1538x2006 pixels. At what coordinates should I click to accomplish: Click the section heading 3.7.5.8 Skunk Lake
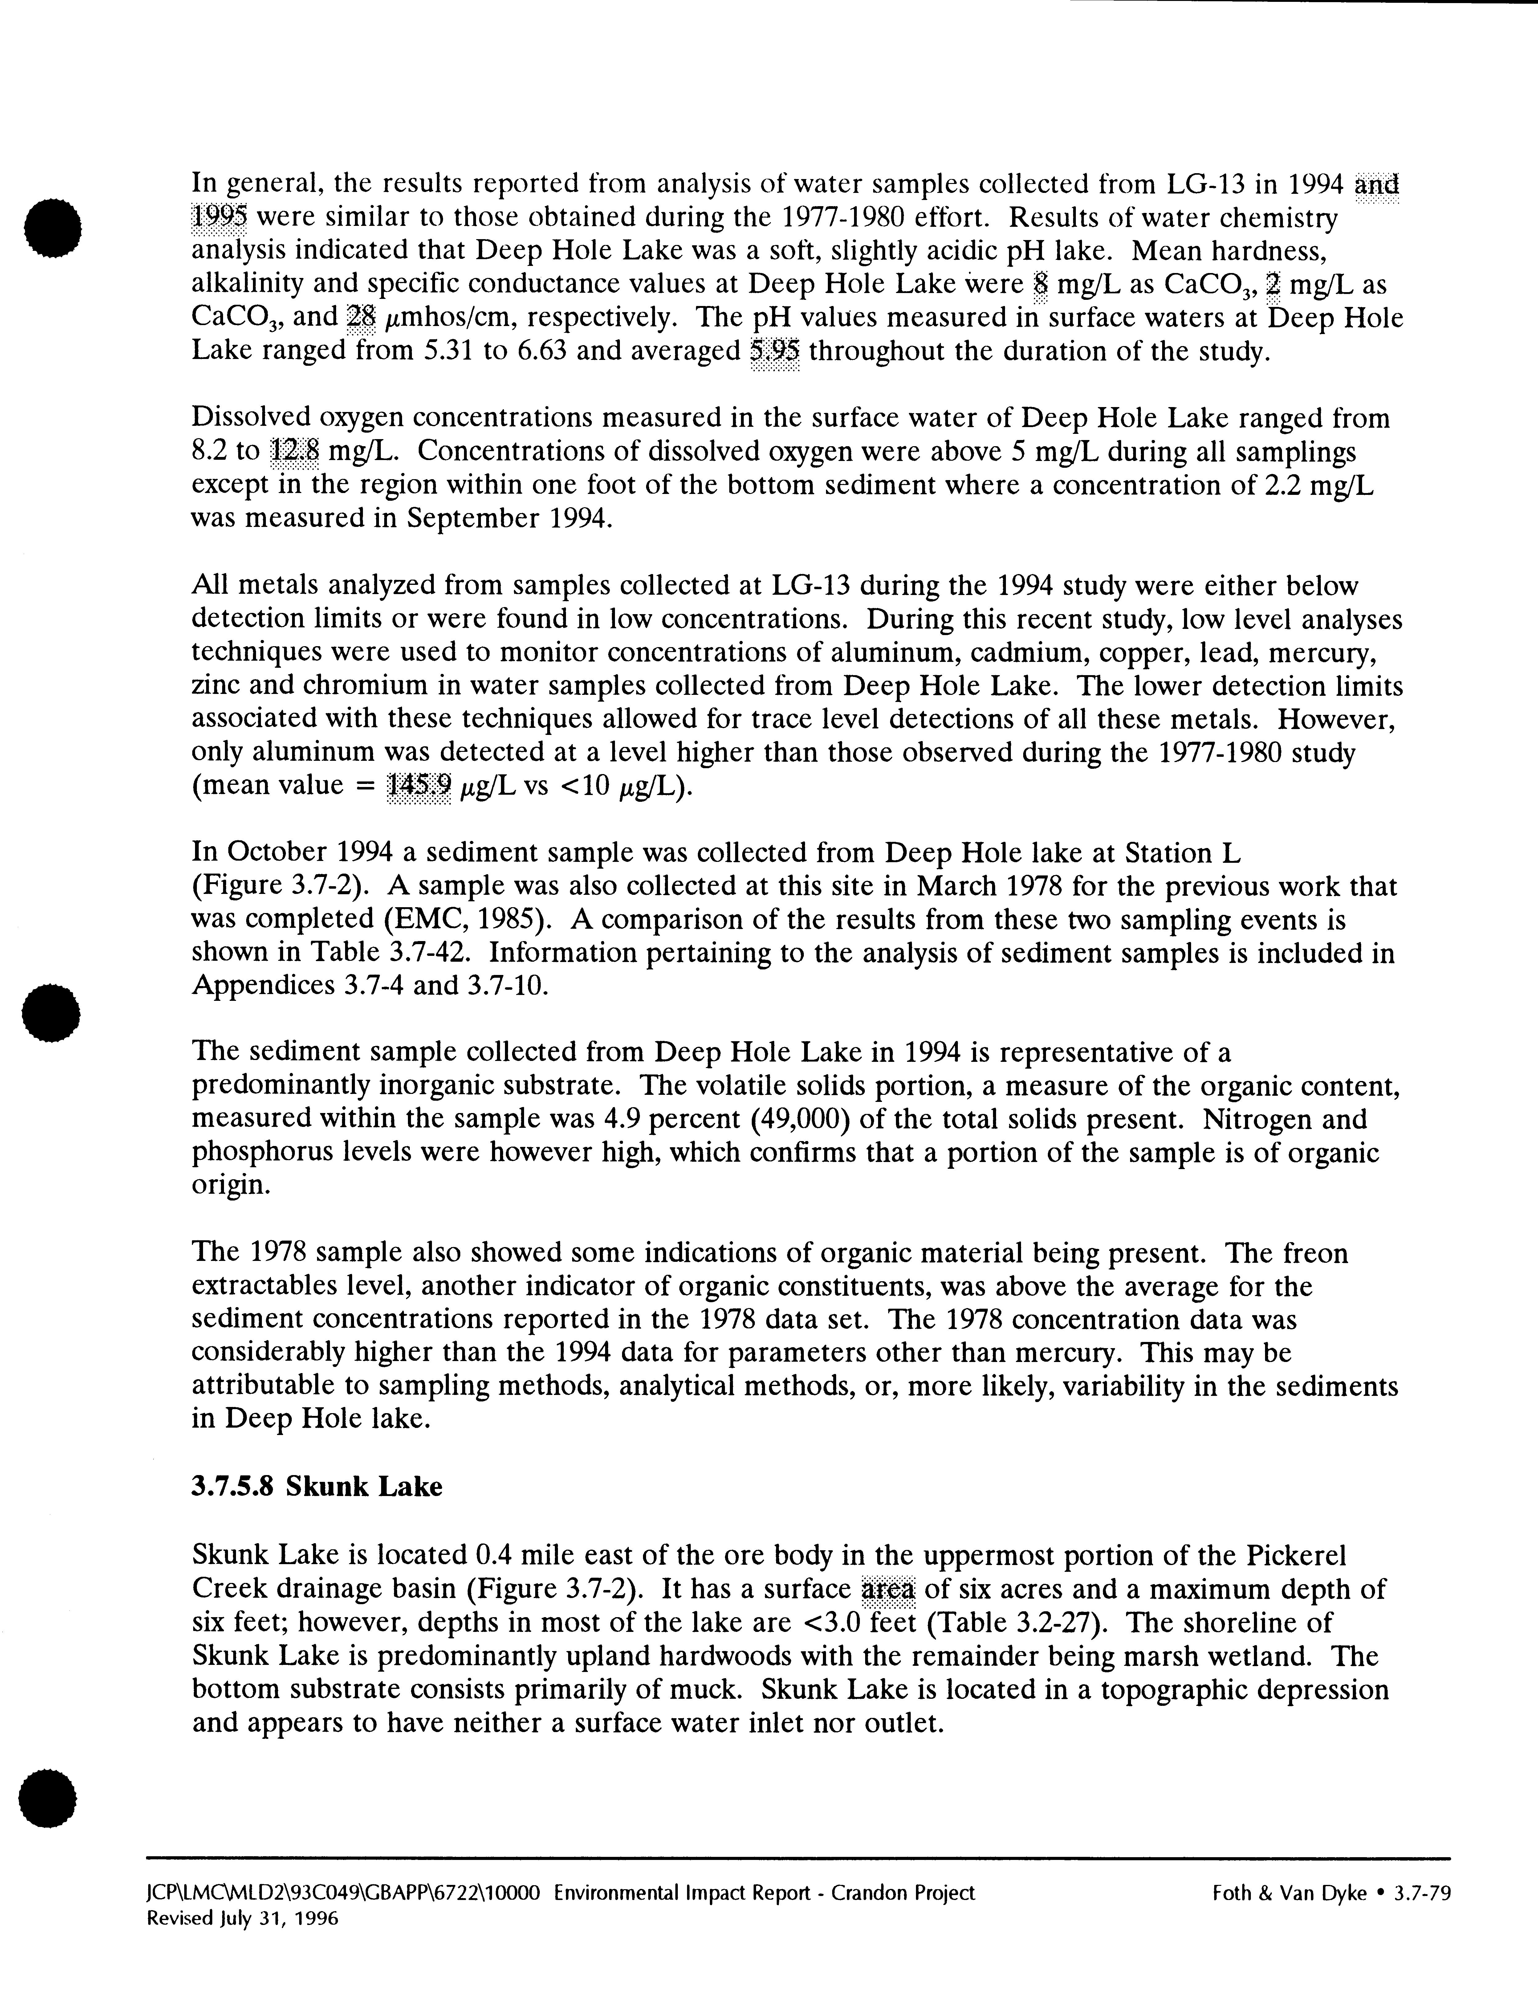click(317, 1485)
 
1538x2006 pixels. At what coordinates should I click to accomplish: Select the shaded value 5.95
click(775, 352)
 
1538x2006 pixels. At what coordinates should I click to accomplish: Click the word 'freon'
click(1315, 1254)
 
